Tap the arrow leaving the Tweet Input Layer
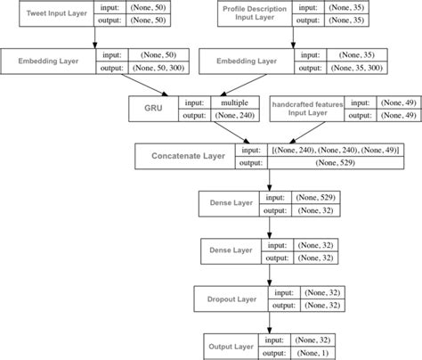(x=94, y=37)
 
